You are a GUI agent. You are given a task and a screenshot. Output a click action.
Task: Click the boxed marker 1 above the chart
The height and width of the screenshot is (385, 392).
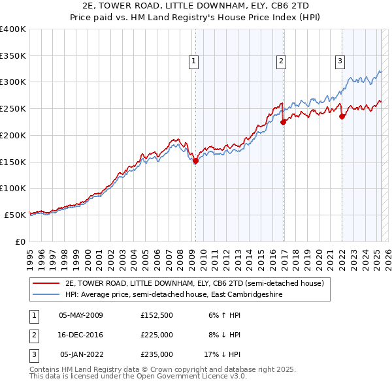click(195, 62)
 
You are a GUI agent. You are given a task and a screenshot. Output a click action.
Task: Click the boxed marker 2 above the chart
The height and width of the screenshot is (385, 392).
click(282, 62)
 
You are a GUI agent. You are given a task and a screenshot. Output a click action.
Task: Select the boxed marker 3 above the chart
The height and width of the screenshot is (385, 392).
click(340, 62)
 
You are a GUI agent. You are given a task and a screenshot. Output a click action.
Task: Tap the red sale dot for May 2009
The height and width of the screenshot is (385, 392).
click(195, 160)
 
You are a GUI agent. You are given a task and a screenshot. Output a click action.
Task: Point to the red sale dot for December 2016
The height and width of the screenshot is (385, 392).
click(283, 121)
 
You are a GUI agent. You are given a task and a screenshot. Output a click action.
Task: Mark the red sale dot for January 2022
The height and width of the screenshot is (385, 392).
click(342, 116)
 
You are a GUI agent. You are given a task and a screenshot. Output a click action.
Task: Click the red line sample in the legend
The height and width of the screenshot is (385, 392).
click(46, 284)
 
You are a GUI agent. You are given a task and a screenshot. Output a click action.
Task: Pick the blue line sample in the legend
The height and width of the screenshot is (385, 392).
click(46, 294)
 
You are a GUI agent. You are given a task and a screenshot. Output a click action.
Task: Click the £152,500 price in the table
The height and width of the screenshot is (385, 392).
click(157, 315)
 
